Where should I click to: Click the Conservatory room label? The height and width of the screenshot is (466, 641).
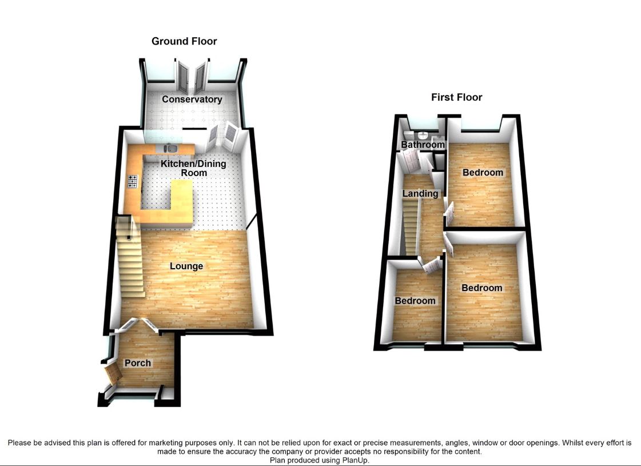192,99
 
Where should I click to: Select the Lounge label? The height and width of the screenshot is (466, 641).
186,266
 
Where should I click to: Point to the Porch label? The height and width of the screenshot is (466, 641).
138,363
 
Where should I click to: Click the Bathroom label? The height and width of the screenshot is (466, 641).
423,145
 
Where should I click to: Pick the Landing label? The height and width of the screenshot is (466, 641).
420,193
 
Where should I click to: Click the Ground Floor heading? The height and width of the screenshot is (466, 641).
184,41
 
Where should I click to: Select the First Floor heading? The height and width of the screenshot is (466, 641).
456,97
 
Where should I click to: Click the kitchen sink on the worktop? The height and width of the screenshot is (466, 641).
172,149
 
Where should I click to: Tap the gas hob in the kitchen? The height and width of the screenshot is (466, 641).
133,181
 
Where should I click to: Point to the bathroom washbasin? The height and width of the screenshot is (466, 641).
423,135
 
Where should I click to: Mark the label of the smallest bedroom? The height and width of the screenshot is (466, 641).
415,301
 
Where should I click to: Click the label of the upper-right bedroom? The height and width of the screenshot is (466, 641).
483,173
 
